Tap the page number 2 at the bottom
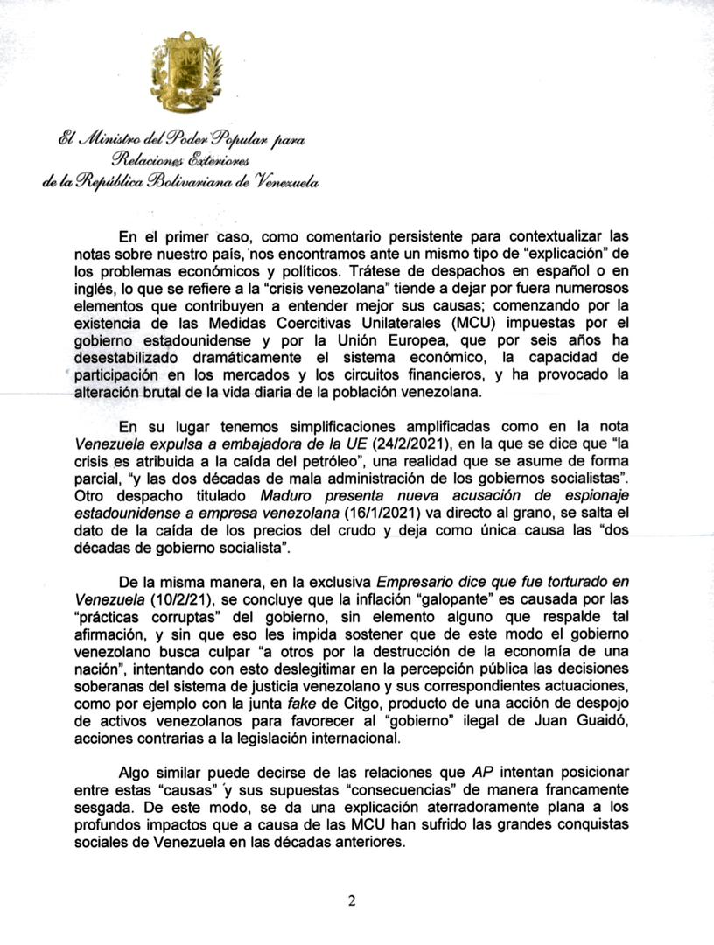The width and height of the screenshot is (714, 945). tap(352, 902)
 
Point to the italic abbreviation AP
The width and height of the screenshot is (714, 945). tap(483, 773)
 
